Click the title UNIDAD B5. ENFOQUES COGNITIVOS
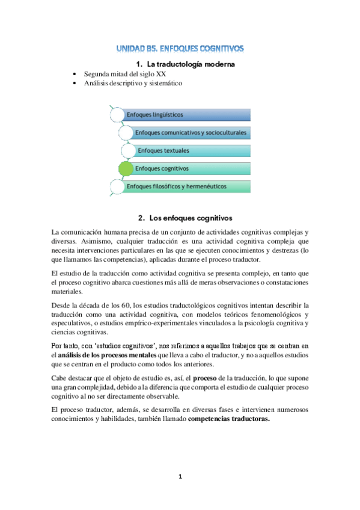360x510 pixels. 180,48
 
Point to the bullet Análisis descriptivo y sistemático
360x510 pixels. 133,83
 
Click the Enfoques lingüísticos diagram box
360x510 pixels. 180,114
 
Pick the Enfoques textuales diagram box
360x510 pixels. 192,150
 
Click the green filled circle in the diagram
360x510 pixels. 126,168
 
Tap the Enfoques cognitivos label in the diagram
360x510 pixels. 162,168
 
